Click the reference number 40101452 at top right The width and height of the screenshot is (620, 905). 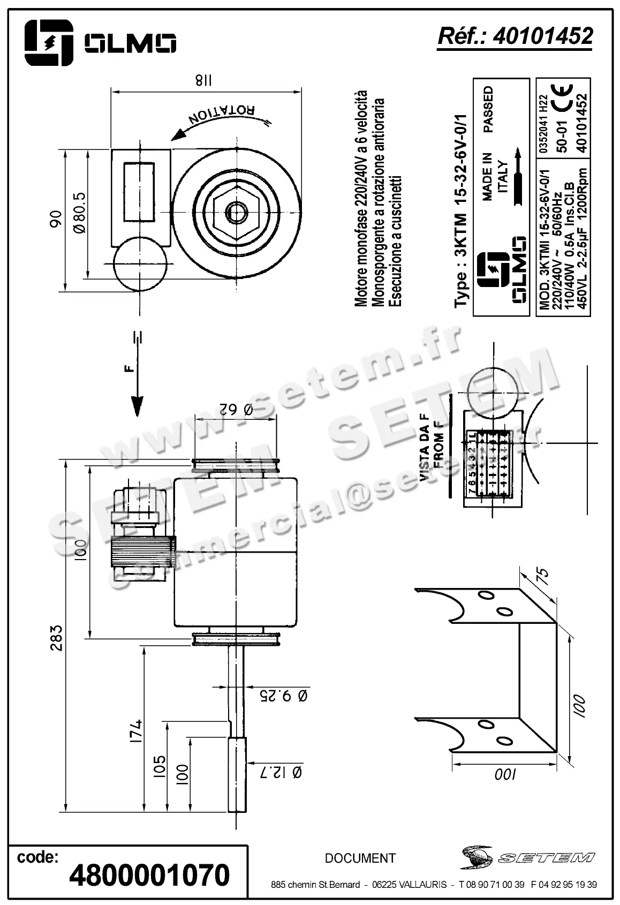tap(543, 36)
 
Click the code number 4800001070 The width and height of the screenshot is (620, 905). tap(149, 875)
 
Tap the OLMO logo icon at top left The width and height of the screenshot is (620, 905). tap(48, 42)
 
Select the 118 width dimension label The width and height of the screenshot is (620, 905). tap(203, 81)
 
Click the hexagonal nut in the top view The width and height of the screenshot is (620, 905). tap(236, 213)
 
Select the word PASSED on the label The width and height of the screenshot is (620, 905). tap(488, 110)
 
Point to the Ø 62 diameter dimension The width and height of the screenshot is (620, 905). tap(236, 410)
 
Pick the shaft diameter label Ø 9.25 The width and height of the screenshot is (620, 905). tap(283, 696)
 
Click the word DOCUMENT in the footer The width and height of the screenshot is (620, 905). tap(360, 858)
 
